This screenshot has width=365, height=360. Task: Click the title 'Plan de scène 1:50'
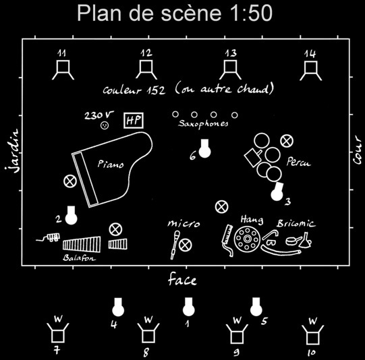[175, 13]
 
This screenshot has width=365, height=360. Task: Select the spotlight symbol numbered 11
[63, 70]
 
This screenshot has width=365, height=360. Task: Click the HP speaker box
[134, 121]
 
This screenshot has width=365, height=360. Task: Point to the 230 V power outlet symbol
[105, 125]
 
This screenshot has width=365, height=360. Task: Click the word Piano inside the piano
[111, 164]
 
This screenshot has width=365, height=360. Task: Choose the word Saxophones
[203, 123]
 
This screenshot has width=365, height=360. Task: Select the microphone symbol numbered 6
[205, 149]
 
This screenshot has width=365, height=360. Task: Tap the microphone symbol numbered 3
[277, 191]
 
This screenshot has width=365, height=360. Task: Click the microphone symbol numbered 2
[71, 215]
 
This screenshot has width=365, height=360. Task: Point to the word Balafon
[79, 258]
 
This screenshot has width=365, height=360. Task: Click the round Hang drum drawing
[247, 239]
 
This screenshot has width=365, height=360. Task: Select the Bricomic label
[296, 224]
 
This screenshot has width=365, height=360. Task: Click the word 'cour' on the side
[357, 150]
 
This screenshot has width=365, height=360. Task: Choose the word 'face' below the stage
[182, 279]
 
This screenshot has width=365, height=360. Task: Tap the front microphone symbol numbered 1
[188, 307]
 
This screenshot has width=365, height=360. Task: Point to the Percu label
[299, 162]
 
